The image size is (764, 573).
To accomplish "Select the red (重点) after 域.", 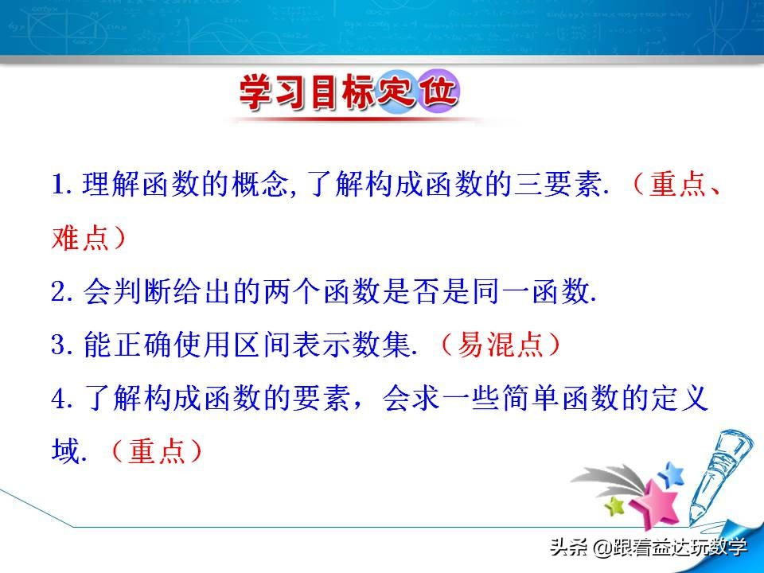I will coord(156,452).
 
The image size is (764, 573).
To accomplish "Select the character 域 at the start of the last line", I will coord(65,452).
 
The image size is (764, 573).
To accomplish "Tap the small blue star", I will coord(672,474).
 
